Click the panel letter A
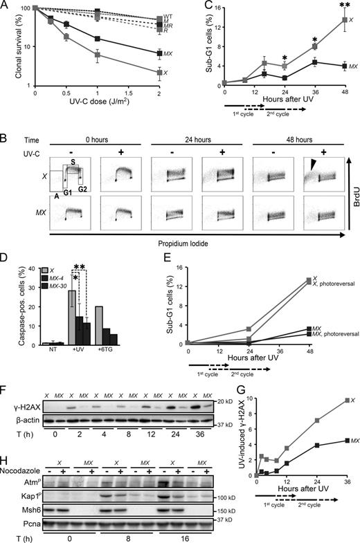[6, 6]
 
